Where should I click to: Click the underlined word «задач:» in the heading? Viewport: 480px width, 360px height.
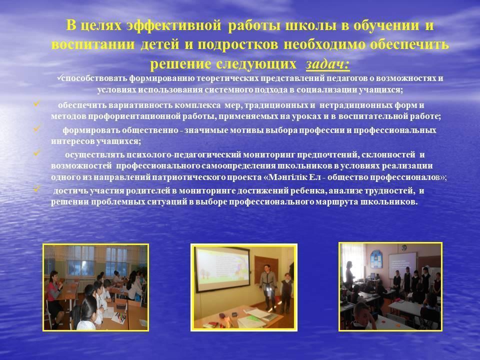327,64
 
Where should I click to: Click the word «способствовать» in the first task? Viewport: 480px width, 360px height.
94,78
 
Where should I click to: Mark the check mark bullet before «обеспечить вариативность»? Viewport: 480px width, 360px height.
37,103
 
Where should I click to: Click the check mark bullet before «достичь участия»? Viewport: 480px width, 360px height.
37,188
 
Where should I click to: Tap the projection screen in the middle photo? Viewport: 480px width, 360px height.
222,269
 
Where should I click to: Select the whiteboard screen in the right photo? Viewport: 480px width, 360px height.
402,264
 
